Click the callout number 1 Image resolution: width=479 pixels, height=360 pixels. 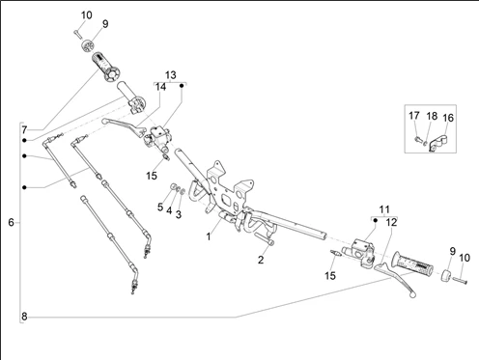[209, 236]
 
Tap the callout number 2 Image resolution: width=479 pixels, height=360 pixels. [261, 260]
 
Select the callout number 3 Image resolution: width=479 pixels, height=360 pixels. [179, 214]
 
